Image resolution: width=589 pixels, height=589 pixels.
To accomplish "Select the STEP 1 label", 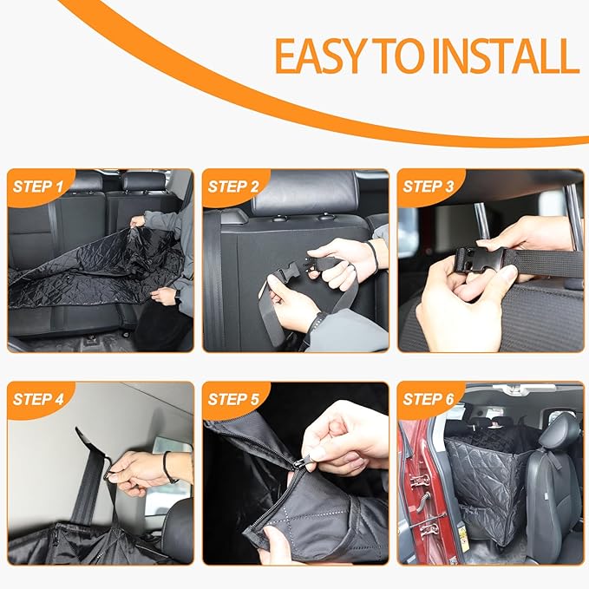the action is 38,187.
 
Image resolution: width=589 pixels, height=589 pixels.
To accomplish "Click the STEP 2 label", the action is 233,187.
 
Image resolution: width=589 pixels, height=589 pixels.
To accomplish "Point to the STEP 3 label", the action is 429,187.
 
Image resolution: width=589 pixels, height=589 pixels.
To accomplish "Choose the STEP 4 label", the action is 38,399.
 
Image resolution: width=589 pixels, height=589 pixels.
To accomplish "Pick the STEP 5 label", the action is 233,399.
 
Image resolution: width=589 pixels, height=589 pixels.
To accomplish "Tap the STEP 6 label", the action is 429,399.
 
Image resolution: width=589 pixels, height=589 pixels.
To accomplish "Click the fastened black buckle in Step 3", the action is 480,259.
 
